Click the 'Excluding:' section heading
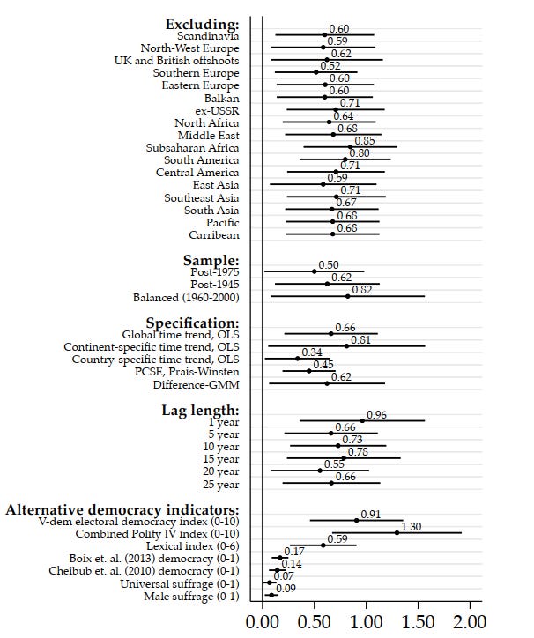pyautogui.click(x=202, y=23)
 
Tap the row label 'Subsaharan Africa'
pyautogui.click(x=192, y=148)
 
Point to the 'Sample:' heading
pyautogui.click(x=211, y=261)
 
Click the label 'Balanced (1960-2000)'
pyautogui.click(x=186, y=297)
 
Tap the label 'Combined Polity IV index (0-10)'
pyautogui.click(x=157, y=533)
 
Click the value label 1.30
pyautogui.click(x=411, y=527)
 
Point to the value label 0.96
pyautogui.click(x=376, y=415)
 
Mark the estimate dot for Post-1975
pyautogui.click(x=314, y=271)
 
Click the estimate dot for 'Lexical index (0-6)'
pyautogui.click(x=323, y=545)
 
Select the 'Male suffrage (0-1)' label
pyautogui.click(x=191, y=596)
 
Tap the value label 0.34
pyautogui.click(x=311, y=352)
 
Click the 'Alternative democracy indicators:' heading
pyautogui.click(x=122, y=509)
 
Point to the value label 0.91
pyautogui.click(x=370, y=515)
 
